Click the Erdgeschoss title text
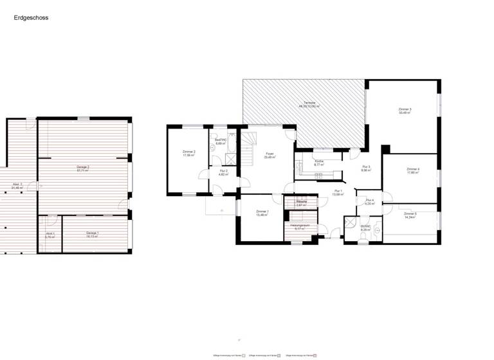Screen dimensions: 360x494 click(31, 18)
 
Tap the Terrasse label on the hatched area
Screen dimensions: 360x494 click(309, 104)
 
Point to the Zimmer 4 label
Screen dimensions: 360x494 click(412, 170)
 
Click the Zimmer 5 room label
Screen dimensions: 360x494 click(410, 215)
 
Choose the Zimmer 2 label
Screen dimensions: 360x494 click(188, 153)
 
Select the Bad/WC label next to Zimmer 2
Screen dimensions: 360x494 click(221, 142)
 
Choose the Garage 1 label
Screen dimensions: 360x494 click(93, 234)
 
